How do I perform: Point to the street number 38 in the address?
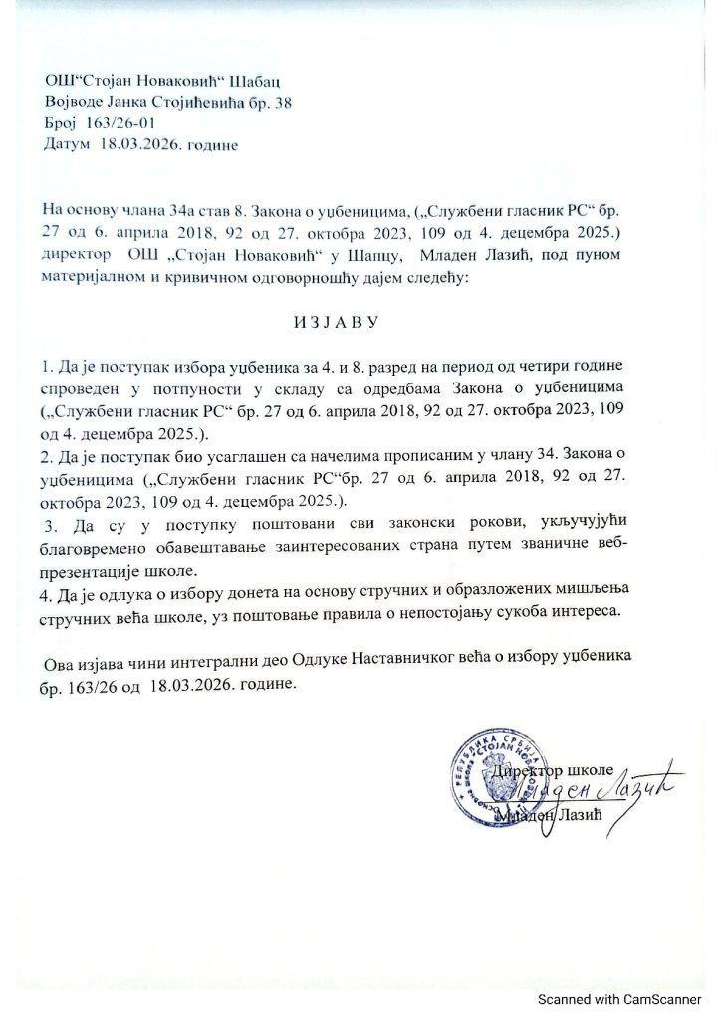pyautogui.click(x=282, y=103)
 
